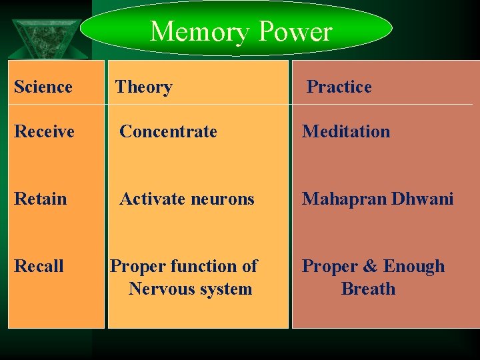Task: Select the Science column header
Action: [43, 87]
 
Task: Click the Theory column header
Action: [144, 87]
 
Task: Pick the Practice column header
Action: [339, 87]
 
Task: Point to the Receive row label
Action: [44, 131]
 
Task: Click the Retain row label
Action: [41, 199]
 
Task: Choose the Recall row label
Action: [39, 266]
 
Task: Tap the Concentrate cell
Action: [168, 131]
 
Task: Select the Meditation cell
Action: [346, 131]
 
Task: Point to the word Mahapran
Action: [344, 199]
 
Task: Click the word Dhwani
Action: [423, 199]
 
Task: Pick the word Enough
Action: [413, 267]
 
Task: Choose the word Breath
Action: [368, 289]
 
